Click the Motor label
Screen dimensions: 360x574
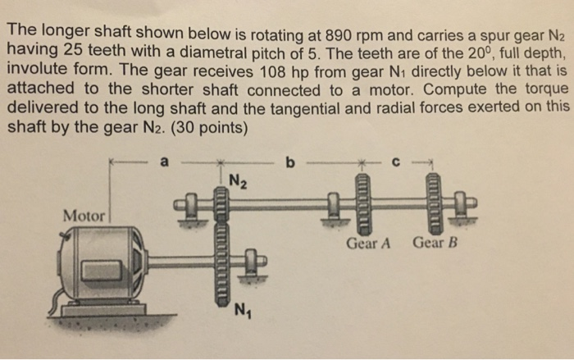[84, 216]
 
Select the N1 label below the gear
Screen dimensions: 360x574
[241, 311]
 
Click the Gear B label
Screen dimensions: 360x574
[434, 244]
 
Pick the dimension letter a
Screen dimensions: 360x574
[164, 162]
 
